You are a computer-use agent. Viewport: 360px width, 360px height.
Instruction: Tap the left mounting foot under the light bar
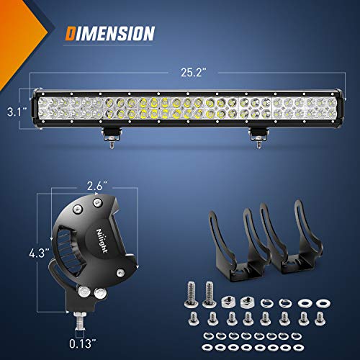[x=112, y=135]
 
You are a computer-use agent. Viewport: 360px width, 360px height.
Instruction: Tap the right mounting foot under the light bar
[x=256, y=135]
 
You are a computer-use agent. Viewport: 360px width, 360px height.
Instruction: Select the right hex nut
[x=249, y=298]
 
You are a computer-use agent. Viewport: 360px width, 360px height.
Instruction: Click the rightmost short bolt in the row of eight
[x=316, y=318]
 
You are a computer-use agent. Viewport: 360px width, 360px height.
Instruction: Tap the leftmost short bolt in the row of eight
[x=193, y=318]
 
